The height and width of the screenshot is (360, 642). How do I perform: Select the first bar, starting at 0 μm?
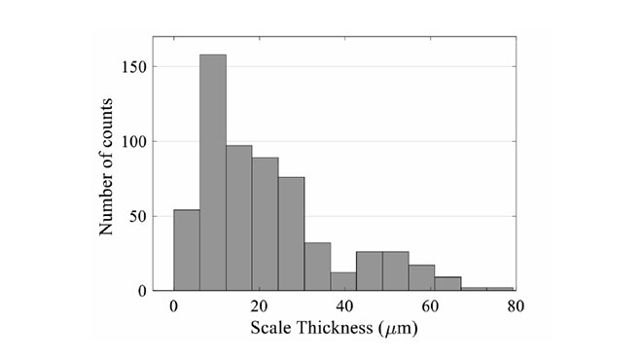pos(187,250)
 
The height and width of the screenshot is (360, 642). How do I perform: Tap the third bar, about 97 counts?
pos(239,218)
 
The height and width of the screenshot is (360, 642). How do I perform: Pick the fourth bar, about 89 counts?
pos(266,224)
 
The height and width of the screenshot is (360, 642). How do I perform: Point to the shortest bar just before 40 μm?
pos(343,281)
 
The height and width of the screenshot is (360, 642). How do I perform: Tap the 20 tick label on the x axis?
pos(259,306)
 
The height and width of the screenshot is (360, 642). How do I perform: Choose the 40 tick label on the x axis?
pos(343,306)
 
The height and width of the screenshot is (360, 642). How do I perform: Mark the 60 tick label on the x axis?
pos(429,306)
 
